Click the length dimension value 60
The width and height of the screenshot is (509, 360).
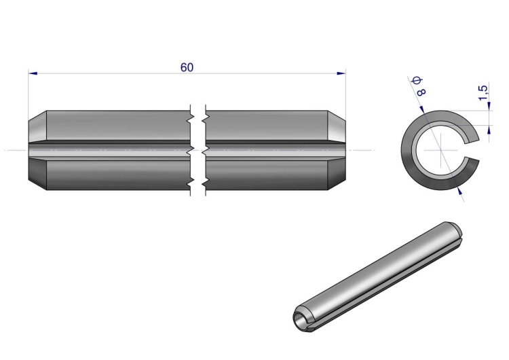[x=187, y=67]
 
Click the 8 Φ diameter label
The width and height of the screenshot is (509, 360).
[x=419, y=86]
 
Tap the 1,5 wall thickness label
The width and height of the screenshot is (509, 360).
[x=483, y=92]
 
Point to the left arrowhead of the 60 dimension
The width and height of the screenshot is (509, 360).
[x=33, y=73]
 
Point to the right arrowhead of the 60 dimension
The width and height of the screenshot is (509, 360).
[x=341, y=73]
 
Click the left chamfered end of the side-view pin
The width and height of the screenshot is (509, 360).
[x=37, y=150]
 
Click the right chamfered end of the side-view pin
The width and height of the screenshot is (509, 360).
[x=337, y=150]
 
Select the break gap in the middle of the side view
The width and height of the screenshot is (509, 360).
[x=198, y=150]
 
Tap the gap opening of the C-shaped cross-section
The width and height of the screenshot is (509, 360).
[x=472, y=150]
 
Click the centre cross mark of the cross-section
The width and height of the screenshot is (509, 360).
[x=441, y=150]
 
